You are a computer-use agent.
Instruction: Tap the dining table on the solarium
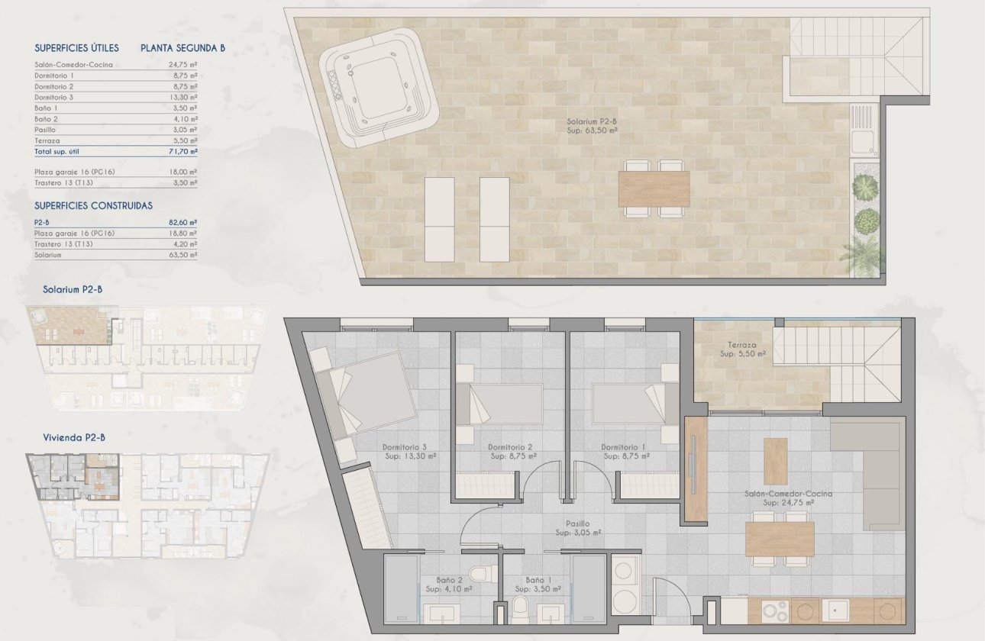pos(654,188)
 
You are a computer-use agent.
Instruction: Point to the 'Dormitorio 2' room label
pos(509,447)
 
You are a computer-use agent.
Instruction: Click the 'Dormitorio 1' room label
pos(625,447)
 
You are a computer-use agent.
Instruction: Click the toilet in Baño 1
pos(520,609)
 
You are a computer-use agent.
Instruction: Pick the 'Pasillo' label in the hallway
pos(577,523)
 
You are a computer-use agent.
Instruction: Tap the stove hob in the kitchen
pos(776,610)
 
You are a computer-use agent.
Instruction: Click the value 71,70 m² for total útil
pos(182,153)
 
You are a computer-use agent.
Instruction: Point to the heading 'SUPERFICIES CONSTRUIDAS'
pos(94,205)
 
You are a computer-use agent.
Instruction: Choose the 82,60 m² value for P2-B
pos(182,222)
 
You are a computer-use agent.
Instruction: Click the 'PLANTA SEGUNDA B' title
pos(182,48)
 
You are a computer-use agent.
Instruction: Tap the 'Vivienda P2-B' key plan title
pos(74,437)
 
